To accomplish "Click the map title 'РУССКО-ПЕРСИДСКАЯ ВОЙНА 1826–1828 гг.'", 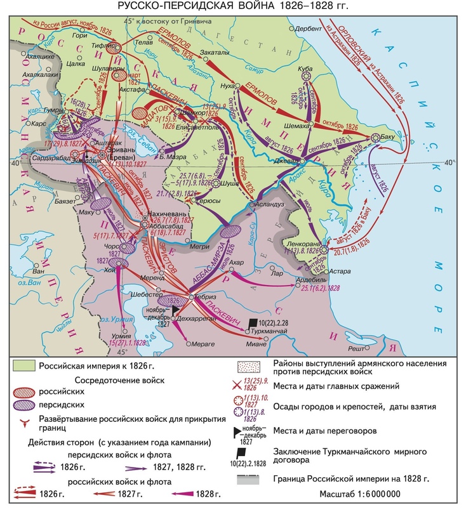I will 234,7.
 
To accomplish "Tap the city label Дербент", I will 309,29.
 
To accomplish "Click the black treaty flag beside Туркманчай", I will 254,323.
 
